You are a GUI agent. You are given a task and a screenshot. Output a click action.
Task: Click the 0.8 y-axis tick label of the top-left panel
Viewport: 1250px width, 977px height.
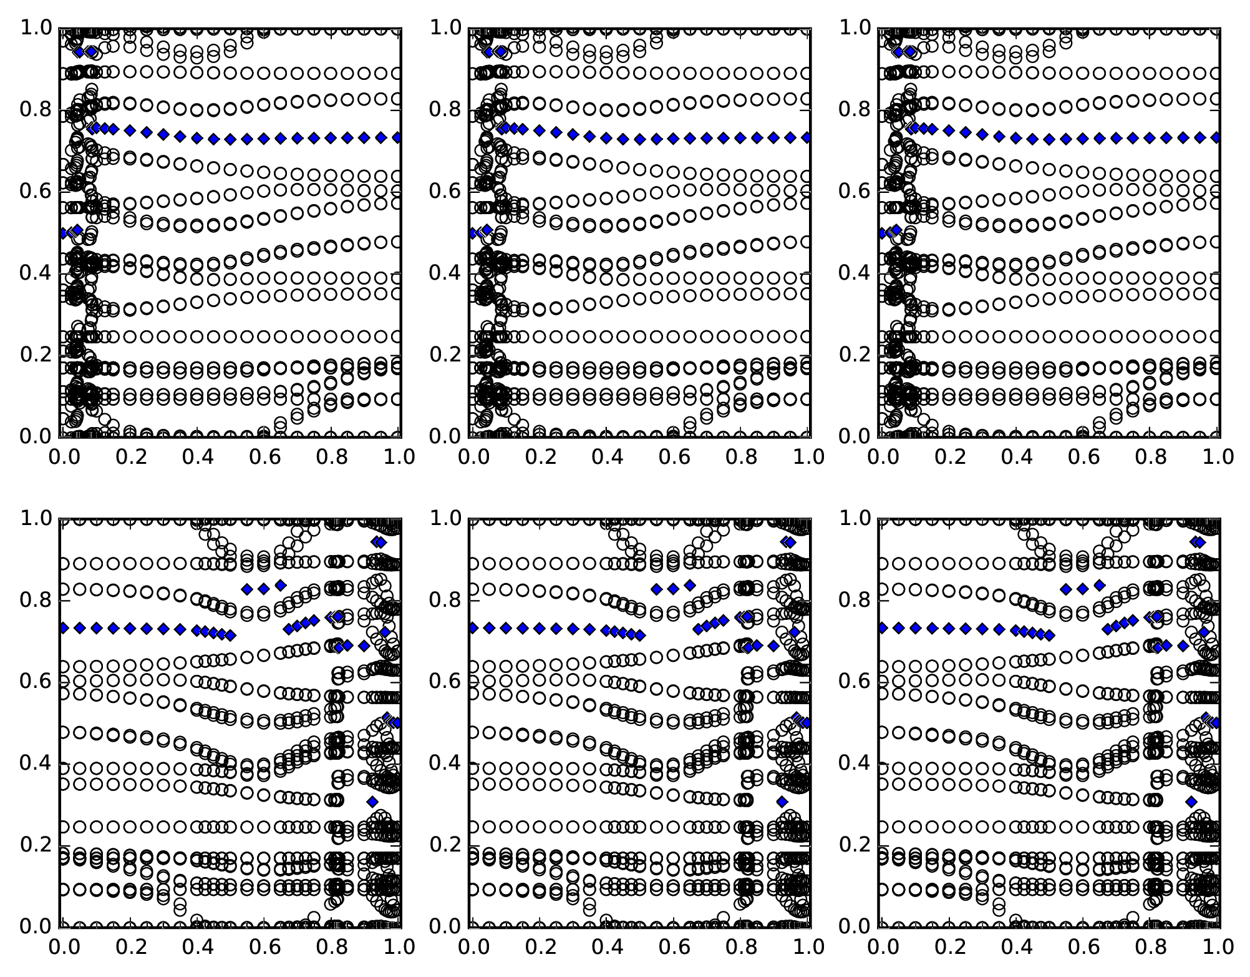(x=37, y=110)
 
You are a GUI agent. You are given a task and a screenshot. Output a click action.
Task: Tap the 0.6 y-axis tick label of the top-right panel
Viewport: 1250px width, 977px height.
(x=855, y=191)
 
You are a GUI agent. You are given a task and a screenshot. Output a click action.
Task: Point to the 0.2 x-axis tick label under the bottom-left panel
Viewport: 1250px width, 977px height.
(x=130, y=946)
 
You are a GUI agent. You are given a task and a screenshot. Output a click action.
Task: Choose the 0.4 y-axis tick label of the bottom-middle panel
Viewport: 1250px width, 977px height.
(x=446, y=763)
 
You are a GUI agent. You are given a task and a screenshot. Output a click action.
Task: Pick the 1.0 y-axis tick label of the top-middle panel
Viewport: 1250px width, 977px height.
(x=446, y=28)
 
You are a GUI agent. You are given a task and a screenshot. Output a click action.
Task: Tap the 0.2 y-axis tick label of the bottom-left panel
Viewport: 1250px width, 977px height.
(x=37, y=845)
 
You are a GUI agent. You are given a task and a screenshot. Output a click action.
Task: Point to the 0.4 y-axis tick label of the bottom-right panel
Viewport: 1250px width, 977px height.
(x=855, y=763)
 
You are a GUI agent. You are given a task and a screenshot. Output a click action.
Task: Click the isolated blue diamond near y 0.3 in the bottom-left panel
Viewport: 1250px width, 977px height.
(x=372, y=802)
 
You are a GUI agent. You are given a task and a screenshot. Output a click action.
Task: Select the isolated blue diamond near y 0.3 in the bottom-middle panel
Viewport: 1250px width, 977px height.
(x=782, y=802)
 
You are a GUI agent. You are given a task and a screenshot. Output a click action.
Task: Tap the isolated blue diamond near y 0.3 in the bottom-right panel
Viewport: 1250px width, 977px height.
(x=1191, y=802)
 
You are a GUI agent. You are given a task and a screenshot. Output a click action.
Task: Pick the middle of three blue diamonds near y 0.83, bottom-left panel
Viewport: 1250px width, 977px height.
(x=263, y=588)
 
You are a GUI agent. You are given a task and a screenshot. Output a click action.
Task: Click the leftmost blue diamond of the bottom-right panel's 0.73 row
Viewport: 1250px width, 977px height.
(x=882, y=627)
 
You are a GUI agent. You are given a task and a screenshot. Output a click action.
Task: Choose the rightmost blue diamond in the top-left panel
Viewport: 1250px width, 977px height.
(x=397, y=137)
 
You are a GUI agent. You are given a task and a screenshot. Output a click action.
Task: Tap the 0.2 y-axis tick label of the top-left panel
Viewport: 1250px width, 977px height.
(x=37, y=355)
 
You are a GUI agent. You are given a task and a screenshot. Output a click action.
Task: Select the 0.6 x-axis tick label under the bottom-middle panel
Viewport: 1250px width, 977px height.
(x=674, y=946)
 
